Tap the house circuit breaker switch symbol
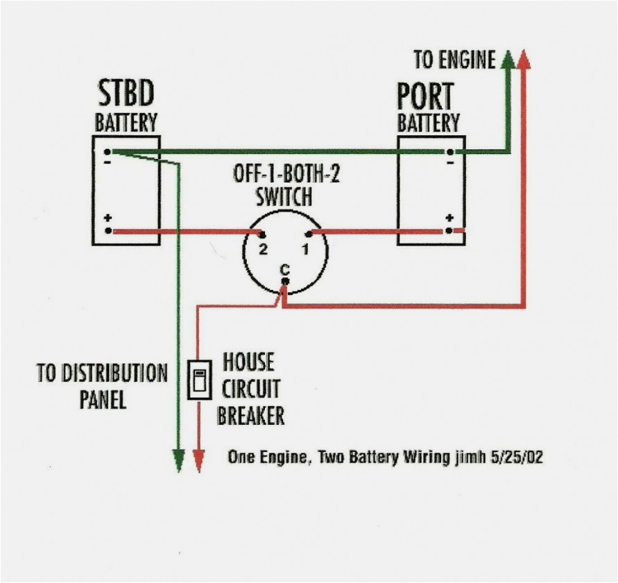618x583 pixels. (199, 380)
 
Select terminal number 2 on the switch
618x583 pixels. (263, 248)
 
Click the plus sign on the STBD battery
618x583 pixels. (108, 219)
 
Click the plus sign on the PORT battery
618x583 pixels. (449, 218)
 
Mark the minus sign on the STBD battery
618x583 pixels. (108, 162)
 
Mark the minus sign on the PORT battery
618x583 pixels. (449, 162)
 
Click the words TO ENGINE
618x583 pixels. (454, 60)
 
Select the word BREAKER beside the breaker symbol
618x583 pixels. (250, 416)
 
